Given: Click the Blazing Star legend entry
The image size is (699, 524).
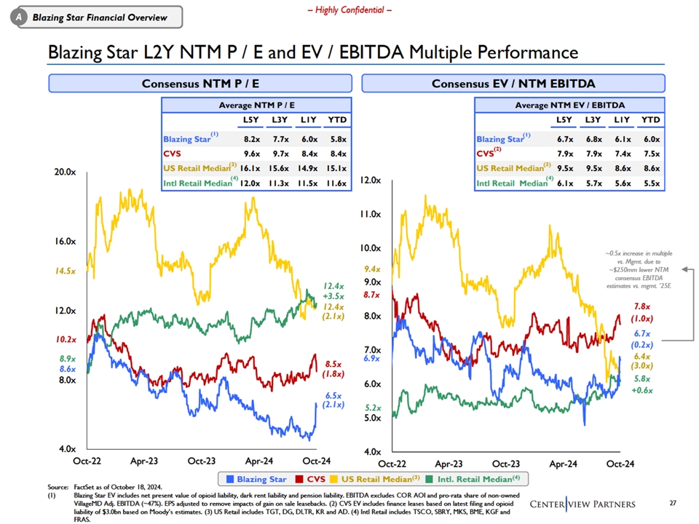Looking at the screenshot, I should click(256, 480).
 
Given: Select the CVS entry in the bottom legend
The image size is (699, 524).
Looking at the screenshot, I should click(310, 480).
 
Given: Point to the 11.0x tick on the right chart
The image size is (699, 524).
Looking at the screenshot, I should click(372, 215).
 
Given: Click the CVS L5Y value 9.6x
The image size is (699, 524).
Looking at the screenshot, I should click(251, 154).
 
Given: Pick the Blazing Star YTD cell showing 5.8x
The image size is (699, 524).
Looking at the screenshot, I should click(337, 139).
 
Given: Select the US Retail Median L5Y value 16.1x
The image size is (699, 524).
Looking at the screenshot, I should click(251, 168).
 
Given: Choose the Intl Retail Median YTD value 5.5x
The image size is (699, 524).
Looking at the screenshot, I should click(651, 183).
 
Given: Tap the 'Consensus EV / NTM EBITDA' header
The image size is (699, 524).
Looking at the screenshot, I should click(513, 83).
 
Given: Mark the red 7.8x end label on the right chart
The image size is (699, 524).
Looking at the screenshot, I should click(642, 307).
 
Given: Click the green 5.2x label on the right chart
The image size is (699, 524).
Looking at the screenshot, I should click(372, 408).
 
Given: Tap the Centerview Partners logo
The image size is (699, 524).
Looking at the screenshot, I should click(582, 504).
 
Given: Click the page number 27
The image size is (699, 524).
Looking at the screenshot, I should click(671, 503).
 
